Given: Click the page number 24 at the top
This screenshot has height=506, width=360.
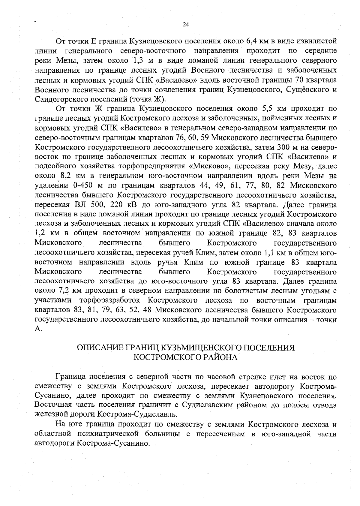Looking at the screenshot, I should pyautogui.click(x=185, y=25).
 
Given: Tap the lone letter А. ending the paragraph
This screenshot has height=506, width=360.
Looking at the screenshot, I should pyautogui.click(x=38, y=329).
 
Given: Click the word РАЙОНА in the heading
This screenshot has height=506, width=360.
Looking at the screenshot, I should pyautogui.click(x=220, y=357).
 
